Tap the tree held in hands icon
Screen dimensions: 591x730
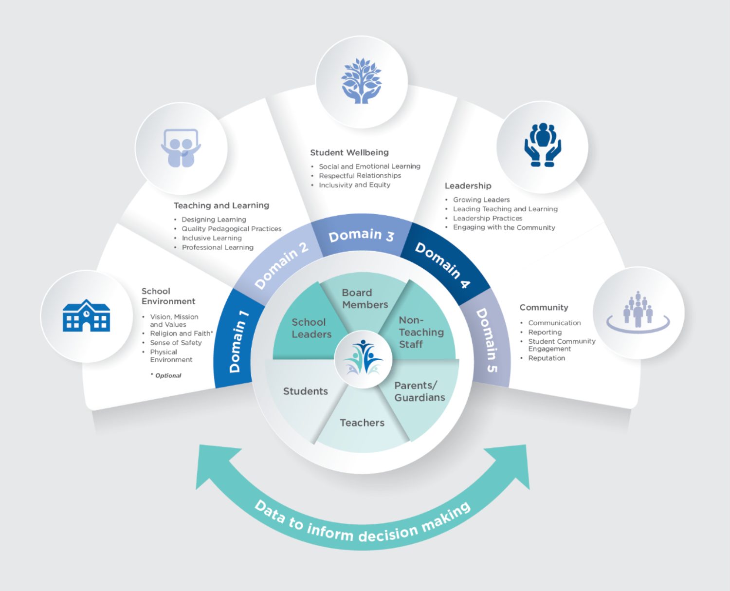[361, 81]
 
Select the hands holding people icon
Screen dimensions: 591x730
[542, 145]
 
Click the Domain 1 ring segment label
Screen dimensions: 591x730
[238, 341]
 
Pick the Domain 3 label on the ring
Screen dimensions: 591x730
[361, 236]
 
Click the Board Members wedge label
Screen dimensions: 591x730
[365, 298]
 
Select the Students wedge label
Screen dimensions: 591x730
[305, 391]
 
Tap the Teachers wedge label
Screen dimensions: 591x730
[362, 423]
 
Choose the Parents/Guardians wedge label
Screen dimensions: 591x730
[419, 391]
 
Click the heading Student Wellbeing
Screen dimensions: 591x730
[349, 152]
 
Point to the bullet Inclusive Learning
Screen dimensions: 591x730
[211, 238]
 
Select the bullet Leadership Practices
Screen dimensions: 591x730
[487, 218]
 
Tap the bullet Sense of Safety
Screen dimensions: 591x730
[176, 343]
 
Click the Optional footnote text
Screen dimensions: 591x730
[167, 375]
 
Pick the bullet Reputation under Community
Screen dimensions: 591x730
[547, 358]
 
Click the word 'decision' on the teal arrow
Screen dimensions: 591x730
[388, 533]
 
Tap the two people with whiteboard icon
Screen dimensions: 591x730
[181, 148]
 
